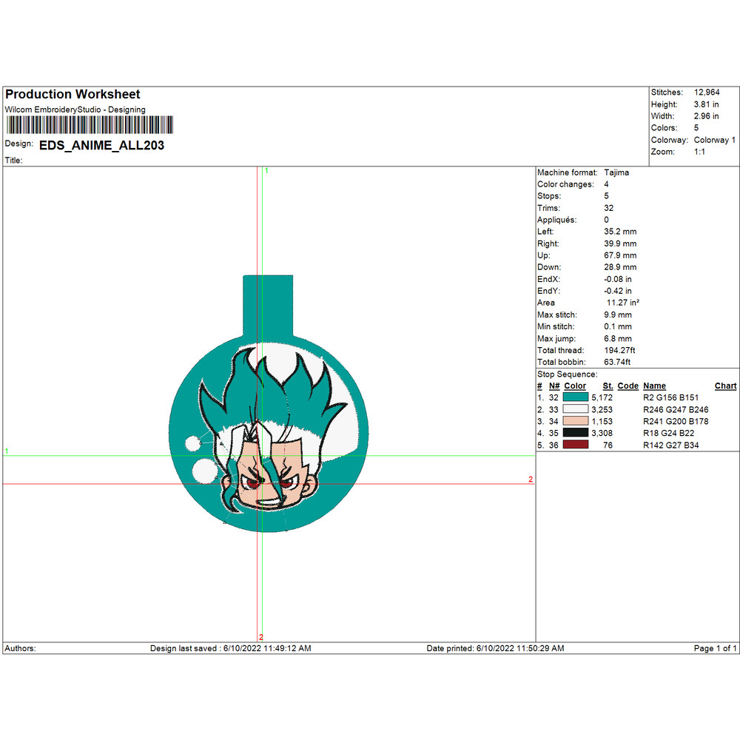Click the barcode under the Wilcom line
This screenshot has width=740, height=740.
tap(90, 125)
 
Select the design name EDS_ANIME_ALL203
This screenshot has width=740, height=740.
tap(101, 145)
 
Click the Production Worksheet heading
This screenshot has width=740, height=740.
tap(73, 95)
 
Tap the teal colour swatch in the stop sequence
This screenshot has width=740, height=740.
tap(575, 397)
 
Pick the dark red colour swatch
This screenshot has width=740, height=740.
tap(575, 445)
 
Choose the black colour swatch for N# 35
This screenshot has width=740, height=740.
tap(575, 433)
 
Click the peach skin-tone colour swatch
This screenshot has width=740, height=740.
tap(575, 421)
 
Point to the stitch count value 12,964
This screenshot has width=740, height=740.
tap(707, 92)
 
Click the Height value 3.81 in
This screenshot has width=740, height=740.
tap(706, 104)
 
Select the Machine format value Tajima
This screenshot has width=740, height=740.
tap(616, 172)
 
